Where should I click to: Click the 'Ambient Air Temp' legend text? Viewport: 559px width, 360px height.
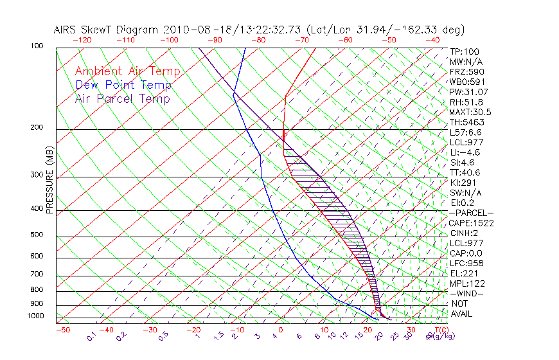tap(127, 72)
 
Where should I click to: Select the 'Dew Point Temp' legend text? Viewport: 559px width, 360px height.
tap(123, 85)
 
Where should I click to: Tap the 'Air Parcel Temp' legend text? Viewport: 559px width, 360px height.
tap(122, 99)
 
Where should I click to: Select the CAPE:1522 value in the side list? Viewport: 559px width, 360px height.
tap(471, 223)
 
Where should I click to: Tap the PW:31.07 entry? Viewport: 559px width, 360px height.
tap(468, 92)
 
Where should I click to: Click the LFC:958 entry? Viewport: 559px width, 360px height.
tap(466, 264)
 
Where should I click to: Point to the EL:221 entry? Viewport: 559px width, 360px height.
tap(464, 273)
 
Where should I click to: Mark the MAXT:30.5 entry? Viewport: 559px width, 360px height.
tap(471, 112)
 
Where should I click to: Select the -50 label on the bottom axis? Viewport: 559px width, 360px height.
tap(62, 330)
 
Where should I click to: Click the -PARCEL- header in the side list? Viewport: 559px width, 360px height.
tap(471, 213)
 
